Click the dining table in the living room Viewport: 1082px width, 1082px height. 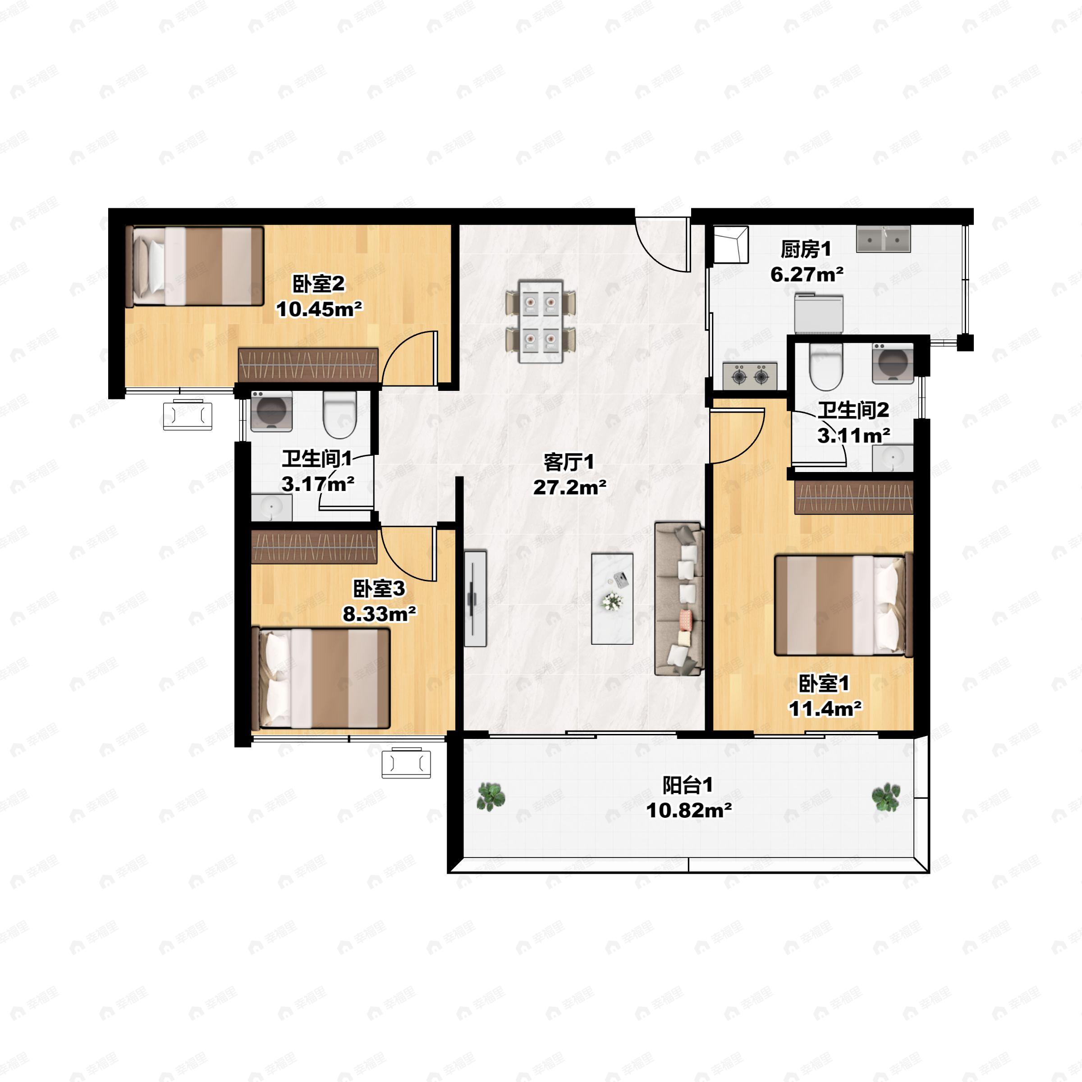click(x=541, y=321)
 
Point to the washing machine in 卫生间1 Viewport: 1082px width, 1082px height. click(x=271, y=412)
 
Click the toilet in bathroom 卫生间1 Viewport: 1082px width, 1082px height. click(x=340, y=414)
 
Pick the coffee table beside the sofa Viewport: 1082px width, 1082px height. click(x=613, y=599)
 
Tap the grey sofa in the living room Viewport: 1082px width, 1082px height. click(x=679, y=599)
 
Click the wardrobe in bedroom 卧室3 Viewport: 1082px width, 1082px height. click(x=314, y=546)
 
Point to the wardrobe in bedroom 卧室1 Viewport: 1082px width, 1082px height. click(x=854, y=497)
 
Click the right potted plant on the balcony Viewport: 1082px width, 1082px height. click(x=886, y=798)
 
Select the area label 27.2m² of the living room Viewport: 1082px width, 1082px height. click(x=569, y=487)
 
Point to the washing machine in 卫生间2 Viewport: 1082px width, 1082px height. click(x=893, y=363)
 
